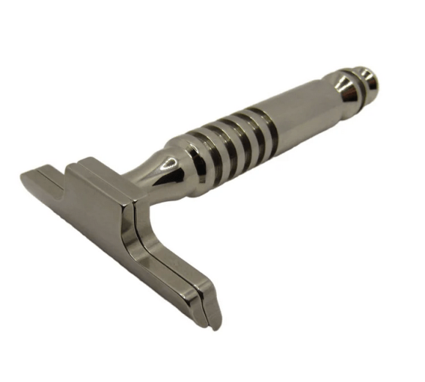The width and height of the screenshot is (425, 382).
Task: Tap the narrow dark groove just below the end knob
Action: click(357, 82)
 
